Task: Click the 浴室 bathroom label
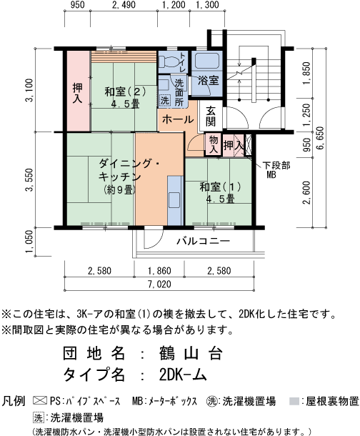click(x=209, y=81)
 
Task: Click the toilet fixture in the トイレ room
click(x=169, y=61)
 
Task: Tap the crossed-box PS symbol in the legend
click(x=40, y=401)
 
